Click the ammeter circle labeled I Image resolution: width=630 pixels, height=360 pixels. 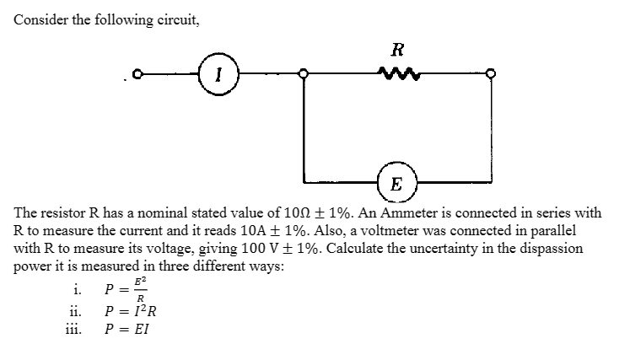pos(219,75)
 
